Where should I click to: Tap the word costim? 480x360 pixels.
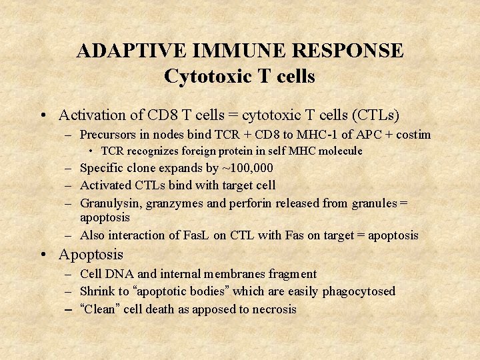413,135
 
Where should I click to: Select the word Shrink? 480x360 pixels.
97,291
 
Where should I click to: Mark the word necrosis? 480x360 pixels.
273,309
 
